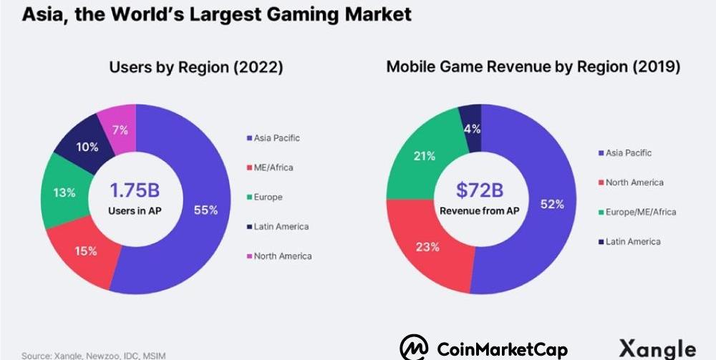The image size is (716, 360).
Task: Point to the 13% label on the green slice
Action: (x=63, y=193)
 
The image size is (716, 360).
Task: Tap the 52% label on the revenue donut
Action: (x=552, y=204)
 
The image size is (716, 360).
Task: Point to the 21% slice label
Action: (x=423, y=156)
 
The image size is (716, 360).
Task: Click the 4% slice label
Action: (x=472, y=129)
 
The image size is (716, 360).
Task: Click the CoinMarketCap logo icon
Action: (x=415, y=348)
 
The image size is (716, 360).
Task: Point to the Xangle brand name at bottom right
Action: (x=657, y=348)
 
